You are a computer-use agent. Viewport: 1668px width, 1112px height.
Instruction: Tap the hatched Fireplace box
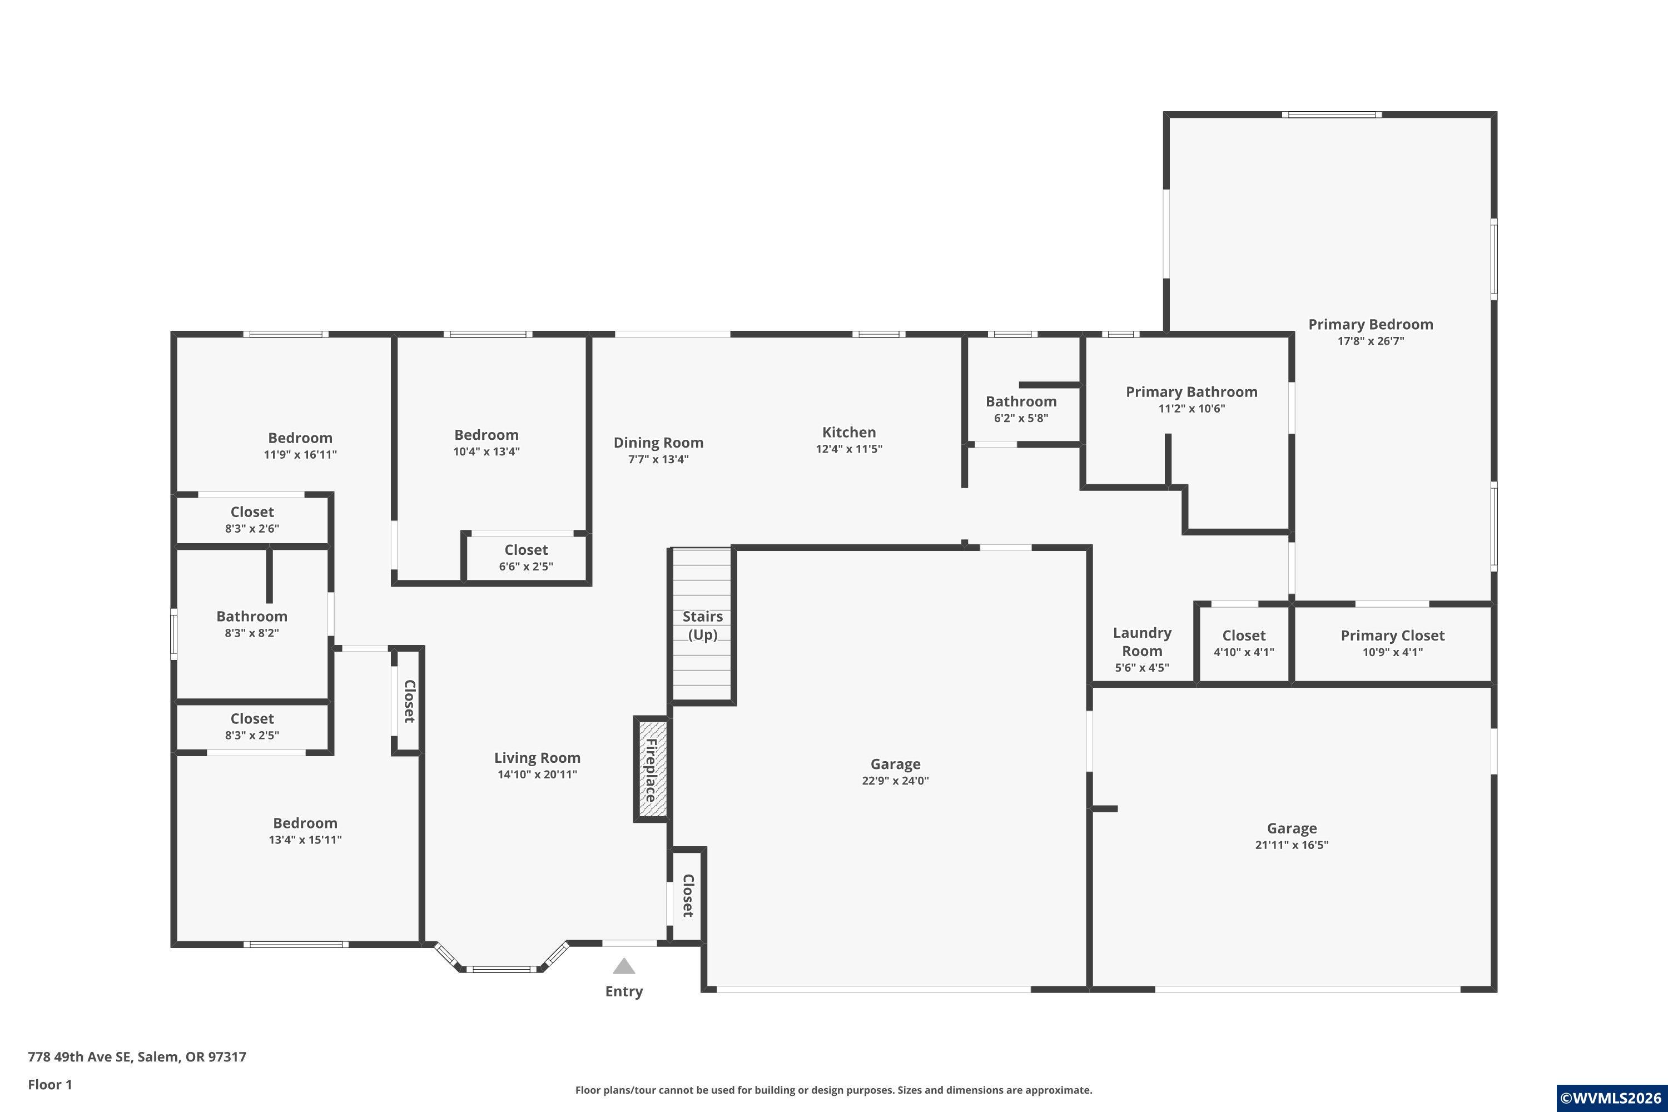pyautogui.click(x=651, y=770)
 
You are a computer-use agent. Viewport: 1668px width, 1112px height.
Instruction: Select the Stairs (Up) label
pyautogui.click(x=703, y=625)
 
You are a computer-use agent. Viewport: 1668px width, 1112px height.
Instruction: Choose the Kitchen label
pyautogui.click(x=849, y=432)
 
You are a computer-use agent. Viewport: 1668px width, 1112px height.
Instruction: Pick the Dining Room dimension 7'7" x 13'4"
pyautogui.click(x=658, y=460)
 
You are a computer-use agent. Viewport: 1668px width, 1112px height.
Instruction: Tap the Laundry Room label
pyautogui.click(x=1142, y=642)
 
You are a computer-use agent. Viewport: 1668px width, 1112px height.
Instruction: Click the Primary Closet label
pyautogui.click(x=1392, y=636)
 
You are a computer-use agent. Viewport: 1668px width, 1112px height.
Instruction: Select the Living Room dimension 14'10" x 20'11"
pyautogui.click(x=537, y=775)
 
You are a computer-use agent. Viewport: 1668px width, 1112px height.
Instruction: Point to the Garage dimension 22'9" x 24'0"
pyautogui.click(x=895, y=781)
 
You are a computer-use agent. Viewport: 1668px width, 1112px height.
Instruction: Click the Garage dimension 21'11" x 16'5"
pyautogui.click(x=1292, y=845)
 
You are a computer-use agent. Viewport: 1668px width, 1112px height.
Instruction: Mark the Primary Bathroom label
pyautogui.click(x=1192, y=391)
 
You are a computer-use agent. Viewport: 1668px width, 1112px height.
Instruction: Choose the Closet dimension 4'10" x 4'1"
pyautogui.click(x=1244, y=652)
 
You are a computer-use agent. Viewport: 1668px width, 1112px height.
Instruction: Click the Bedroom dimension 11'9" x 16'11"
pyautogui.click(x=300, y=455)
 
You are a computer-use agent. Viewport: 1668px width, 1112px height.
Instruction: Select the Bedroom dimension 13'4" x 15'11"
pyautogui.click(x=305, y=840)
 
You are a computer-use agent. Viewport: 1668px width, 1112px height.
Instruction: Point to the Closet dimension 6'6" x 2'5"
pyautogui.click(x=525, y=567)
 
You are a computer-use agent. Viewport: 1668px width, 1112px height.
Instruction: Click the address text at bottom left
pyautogui.click(x=137, y=1057)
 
